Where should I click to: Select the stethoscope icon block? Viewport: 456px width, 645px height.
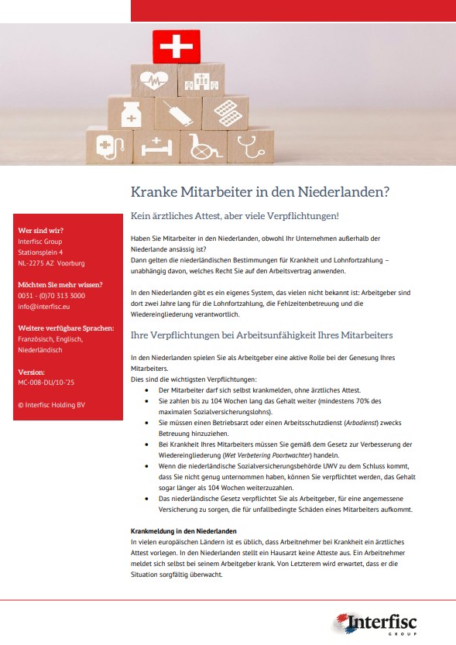point(249,145)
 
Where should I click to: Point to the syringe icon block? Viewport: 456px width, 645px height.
point(178,115)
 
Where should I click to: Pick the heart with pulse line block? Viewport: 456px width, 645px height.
point(153,80)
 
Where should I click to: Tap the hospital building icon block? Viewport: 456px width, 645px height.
point(201,80)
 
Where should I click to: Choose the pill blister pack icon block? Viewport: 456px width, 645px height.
point(225,113)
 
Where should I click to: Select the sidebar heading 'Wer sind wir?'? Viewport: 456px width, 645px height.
point(41,231)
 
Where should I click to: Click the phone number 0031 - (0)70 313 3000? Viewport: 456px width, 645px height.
point(51,296)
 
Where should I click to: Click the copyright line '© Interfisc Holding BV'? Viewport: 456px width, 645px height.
point(51,405)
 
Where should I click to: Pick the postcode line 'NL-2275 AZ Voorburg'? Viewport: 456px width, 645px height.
point(51,263)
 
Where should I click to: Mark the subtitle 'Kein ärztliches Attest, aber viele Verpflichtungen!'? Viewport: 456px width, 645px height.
point(235,215)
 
